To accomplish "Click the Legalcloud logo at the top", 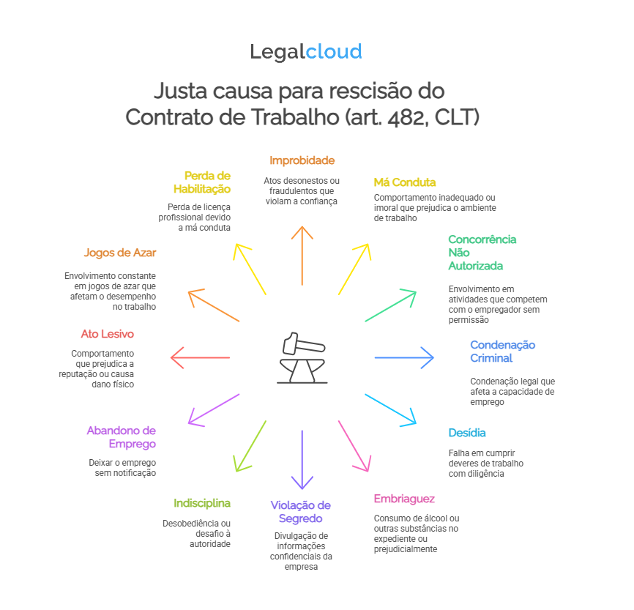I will point(306,52).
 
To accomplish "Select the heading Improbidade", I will point(302,160).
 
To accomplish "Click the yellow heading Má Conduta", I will point(404,182).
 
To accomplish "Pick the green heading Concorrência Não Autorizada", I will point(482,252).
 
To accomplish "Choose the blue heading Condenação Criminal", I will point(502,352).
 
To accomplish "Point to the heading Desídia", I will point(466,433).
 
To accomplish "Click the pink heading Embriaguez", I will point(404,499).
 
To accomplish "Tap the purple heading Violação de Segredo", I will point(301,512).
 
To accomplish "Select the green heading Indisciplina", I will point(202,503).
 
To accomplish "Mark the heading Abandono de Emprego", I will point(122,437).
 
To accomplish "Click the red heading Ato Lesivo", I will point(108,334).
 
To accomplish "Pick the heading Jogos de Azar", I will point(120,253).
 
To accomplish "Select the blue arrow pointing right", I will point(404,357).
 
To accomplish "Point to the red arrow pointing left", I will point(200,357).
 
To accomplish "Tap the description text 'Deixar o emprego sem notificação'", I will point(122,468).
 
